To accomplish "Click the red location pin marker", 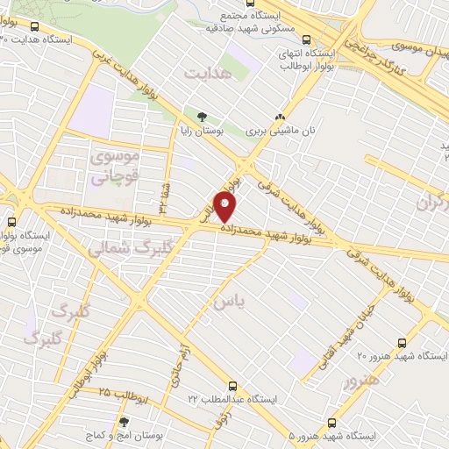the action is point(225,207).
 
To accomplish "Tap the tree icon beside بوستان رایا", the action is point(202,115).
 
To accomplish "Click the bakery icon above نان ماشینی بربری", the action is point(281,117).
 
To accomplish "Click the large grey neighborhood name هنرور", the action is point(361,381).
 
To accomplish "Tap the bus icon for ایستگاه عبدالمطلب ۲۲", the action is point(232,385).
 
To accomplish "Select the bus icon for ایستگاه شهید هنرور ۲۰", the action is point(402,343).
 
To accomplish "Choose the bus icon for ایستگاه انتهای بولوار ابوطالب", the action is point(306,39).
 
